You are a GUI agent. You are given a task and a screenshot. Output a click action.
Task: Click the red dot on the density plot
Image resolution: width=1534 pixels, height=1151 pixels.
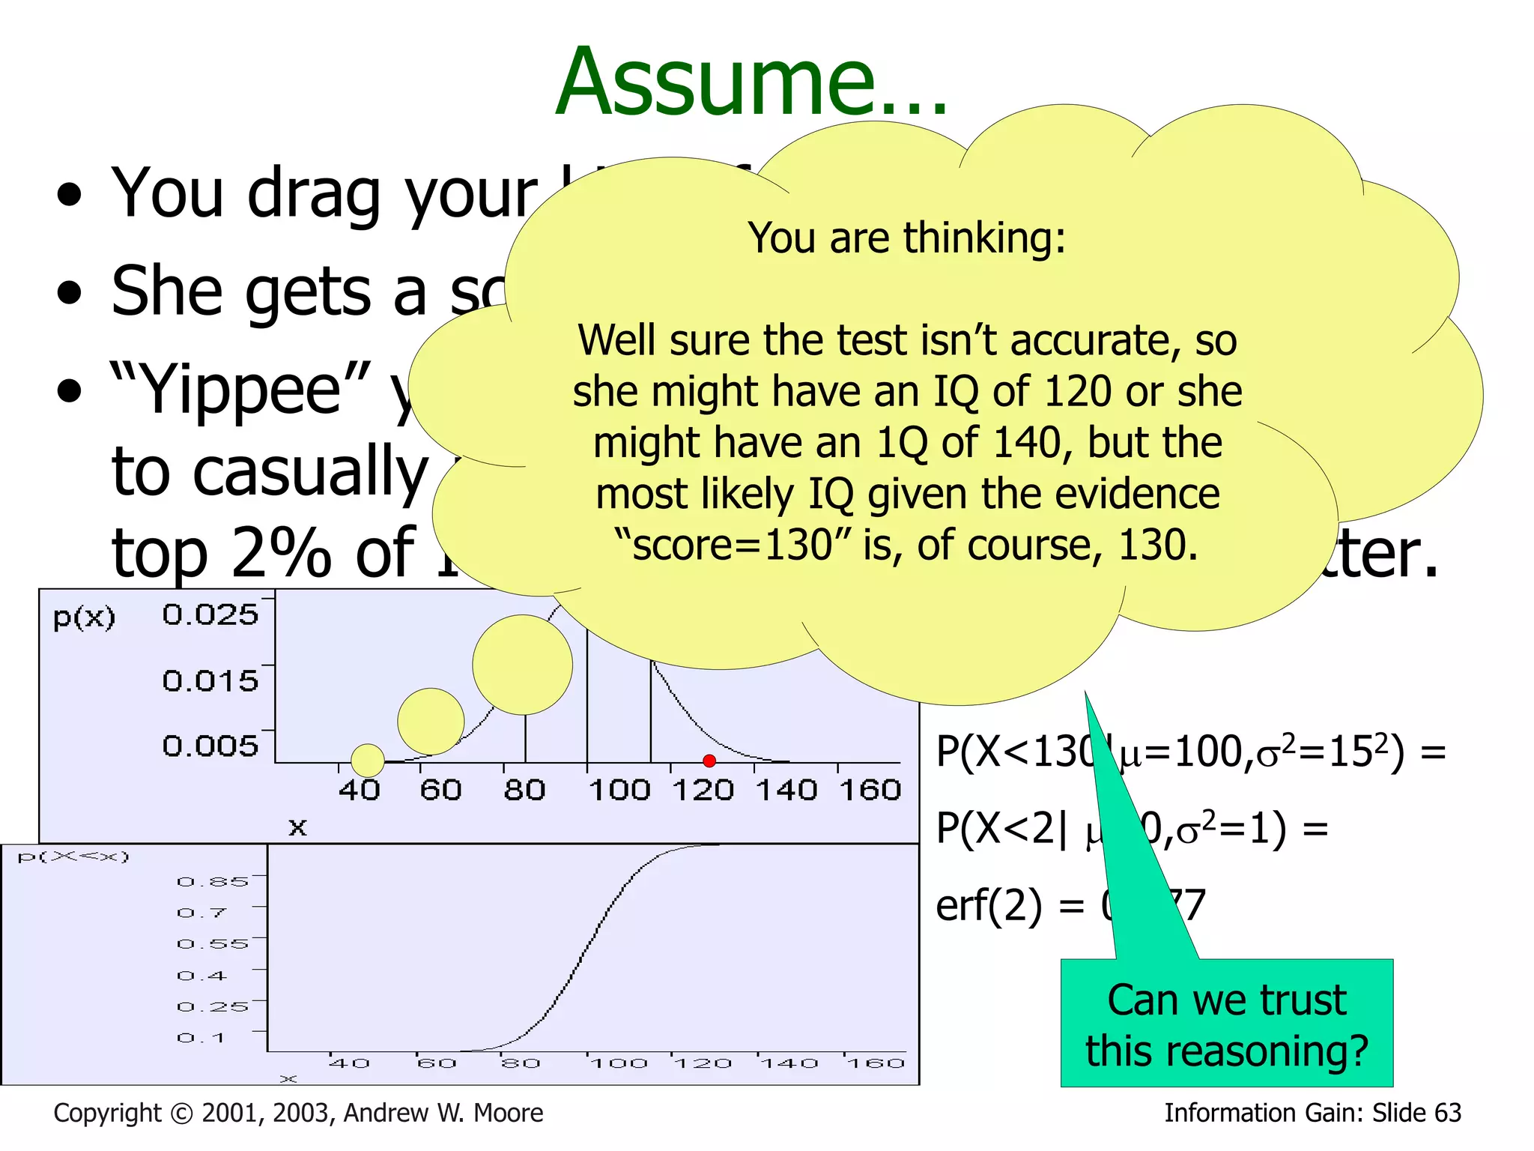[x=709, y=761]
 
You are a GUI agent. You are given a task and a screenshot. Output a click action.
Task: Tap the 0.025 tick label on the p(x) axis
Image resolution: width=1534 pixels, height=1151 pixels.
[x=210, y=614]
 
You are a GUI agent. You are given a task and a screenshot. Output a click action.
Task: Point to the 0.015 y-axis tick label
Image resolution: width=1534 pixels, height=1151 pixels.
[x=210, y=680]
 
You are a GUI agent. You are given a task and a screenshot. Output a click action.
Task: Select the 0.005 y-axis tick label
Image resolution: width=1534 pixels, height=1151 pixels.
[x=210, y=746]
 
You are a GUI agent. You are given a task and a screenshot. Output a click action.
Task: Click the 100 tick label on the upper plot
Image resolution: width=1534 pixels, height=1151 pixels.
[x=619, y=790]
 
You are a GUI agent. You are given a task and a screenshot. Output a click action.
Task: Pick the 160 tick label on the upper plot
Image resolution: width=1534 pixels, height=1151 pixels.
[x=870, y=790]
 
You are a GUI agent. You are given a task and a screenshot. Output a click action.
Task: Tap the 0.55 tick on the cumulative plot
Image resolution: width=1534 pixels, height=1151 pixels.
[x=213, y=943]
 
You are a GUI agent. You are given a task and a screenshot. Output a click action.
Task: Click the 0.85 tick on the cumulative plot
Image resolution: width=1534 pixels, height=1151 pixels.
[x=213, y=881]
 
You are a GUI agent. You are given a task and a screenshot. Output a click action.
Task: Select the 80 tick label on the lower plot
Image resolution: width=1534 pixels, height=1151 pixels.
[x=521, y=1063]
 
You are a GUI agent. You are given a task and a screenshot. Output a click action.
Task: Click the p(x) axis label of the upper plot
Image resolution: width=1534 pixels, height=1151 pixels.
[x=84, y=617]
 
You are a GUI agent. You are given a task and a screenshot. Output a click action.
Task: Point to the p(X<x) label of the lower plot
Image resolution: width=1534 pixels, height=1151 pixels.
[x=73, y=856]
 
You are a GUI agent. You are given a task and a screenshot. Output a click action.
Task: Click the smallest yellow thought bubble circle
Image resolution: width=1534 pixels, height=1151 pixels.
[x=368, y=760]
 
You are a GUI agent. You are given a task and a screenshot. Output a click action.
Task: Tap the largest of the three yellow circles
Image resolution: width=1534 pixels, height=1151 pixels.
[x=522, y=665]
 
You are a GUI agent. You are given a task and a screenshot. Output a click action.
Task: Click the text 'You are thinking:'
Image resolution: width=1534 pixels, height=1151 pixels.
[x=906, y=238]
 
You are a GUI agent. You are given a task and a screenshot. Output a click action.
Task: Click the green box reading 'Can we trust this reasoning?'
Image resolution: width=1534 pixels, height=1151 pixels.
[x=1227, y=1024]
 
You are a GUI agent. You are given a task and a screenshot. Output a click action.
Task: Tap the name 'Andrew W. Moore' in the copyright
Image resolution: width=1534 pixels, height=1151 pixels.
[x=443, y=1113]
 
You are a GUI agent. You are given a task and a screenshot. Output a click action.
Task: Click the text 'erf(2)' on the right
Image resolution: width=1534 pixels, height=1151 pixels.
[x=989, y=905]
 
